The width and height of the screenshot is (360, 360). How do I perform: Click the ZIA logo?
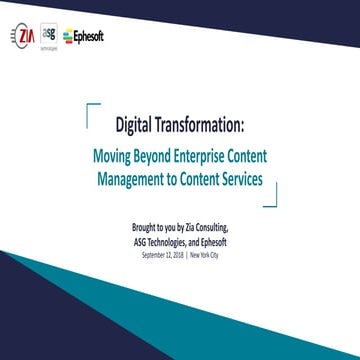23,37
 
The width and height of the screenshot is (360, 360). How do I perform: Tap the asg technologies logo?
49,36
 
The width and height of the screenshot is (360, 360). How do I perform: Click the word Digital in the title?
137,127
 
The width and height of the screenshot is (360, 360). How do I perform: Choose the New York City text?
205,254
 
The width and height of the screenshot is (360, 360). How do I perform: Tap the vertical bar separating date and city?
188,254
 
